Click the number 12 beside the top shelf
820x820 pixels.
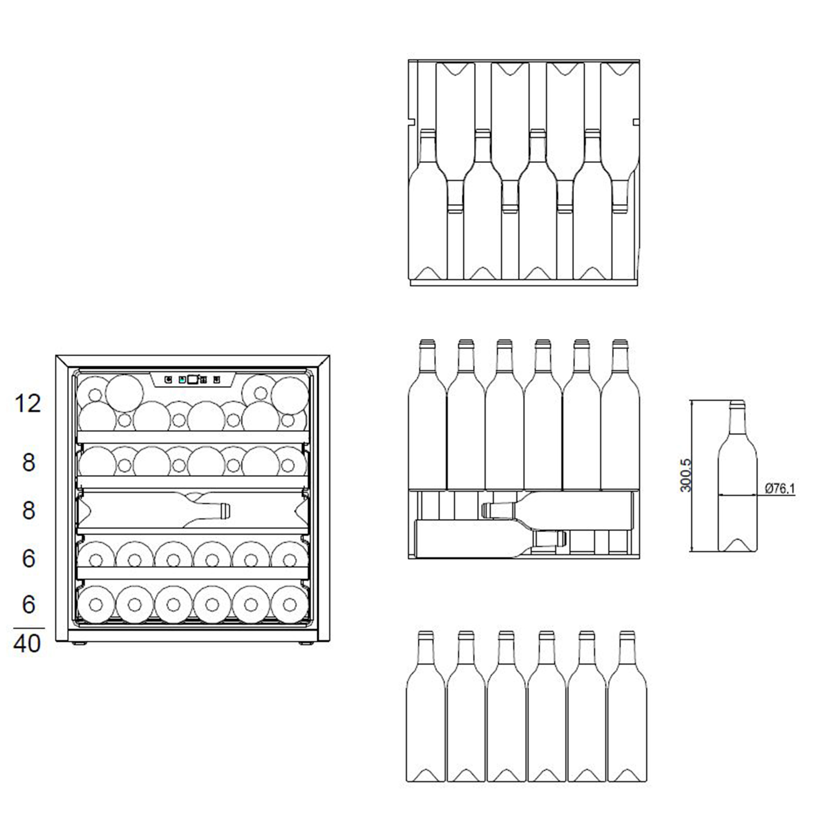pyautogui.click(x=28, y=404)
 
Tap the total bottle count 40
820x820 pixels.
pyautogui.click(x=27, y=643)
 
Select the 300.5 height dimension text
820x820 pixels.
pyautogui.click(x=686, y=475)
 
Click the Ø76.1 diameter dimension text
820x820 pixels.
pyautogui.click(x=780, y=488)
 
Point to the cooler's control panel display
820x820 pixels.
pyautogui.click(x=193, y=380)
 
